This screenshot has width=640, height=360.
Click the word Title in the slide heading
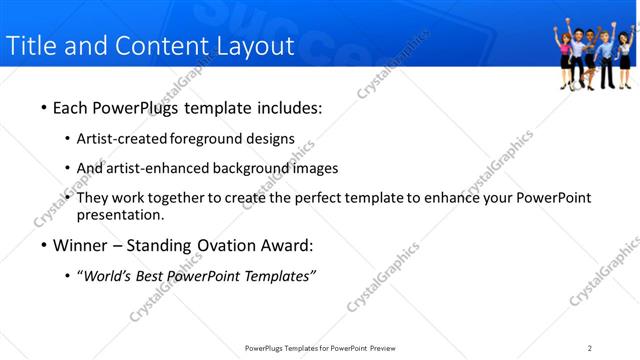click(x=30, y=46)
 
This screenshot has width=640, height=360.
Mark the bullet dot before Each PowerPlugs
click(x=43, y=108)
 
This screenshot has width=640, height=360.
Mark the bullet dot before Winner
click(x=43, y=245)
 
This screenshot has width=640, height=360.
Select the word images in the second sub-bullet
click(x=316, y=168)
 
